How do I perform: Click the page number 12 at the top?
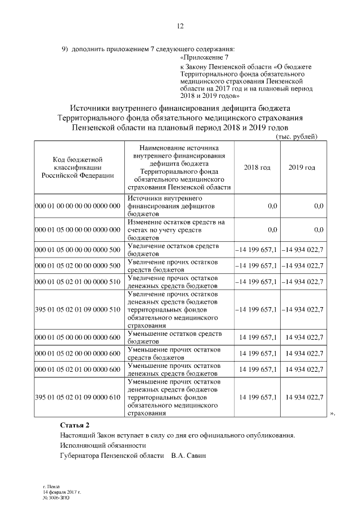[180, 26]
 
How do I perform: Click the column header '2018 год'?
[257, 168]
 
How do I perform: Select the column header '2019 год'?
[301, 168]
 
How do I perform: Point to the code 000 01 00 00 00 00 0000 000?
[78, 206]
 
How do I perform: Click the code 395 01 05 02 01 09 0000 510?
[78, 309]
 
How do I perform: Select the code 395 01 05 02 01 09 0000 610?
[78, 397]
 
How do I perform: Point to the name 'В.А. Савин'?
[189, 455]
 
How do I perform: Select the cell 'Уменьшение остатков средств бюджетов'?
[175, 337]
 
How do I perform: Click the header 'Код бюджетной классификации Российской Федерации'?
[78, 168]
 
